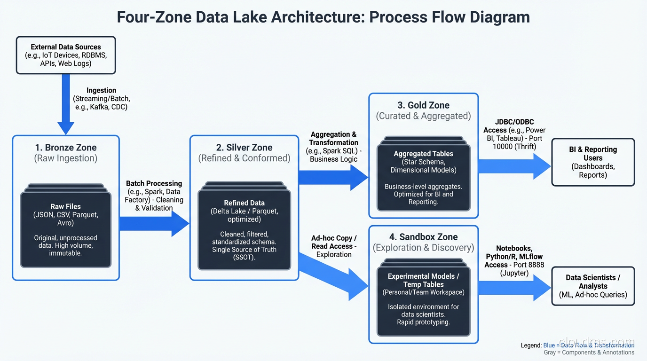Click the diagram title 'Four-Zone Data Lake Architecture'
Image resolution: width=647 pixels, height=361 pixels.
[323, 17]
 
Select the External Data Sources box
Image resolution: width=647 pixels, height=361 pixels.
[66, 55]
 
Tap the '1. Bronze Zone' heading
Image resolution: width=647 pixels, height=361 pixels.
[65, 147]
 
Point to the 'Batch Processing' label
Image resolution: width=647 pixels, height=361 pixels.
[154, 183]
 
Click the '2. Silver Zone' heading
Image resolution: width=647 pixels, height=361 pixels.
[244, 147]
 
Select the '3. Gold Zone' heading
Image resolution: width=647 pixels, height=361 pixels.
[423, 105]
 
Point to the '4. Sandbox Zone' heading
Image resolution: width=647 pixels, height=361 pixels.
[423, 237]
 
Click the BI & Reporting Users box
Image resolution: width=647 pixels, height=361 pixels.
[592, 162]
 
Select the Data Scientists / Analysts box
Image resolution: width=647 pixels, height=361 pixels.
[592, 286]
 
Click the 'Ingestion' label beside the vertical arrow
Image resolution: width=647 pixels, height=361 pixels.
[101, 90]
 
